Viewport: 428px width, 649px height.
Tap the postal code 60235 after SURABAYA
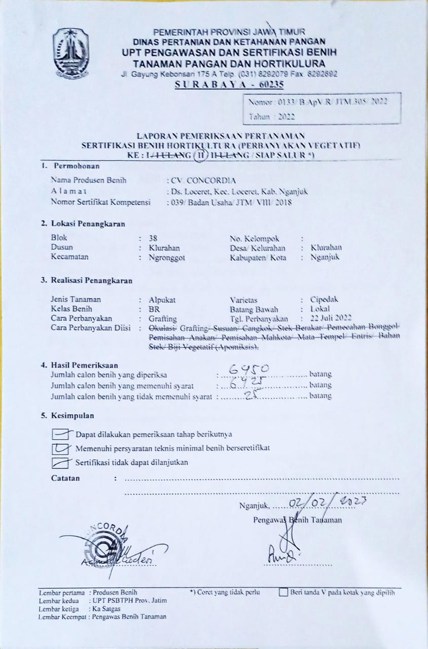point(269,85)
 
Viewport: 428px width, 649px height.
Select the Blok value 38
point(153,237)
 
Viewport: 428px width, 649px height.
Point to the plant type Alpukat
point(162,300)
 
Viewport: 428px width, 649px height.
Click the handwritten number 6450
point(256,368)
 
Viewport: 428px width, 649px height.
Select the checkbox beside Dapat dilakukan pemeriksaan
point(60,434)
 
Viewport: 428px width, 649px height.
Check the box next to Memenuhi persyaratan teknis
point(60,448)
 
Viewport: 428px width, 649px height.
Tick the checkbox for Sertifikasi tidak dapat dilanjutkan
point(60,462)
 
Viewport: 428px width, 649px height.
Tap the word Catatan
point(65,478)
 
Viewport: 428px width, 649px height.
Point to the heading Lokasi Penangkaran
point(83,224)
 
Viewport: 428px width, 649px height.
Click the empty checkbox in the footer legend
point(283,592)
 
